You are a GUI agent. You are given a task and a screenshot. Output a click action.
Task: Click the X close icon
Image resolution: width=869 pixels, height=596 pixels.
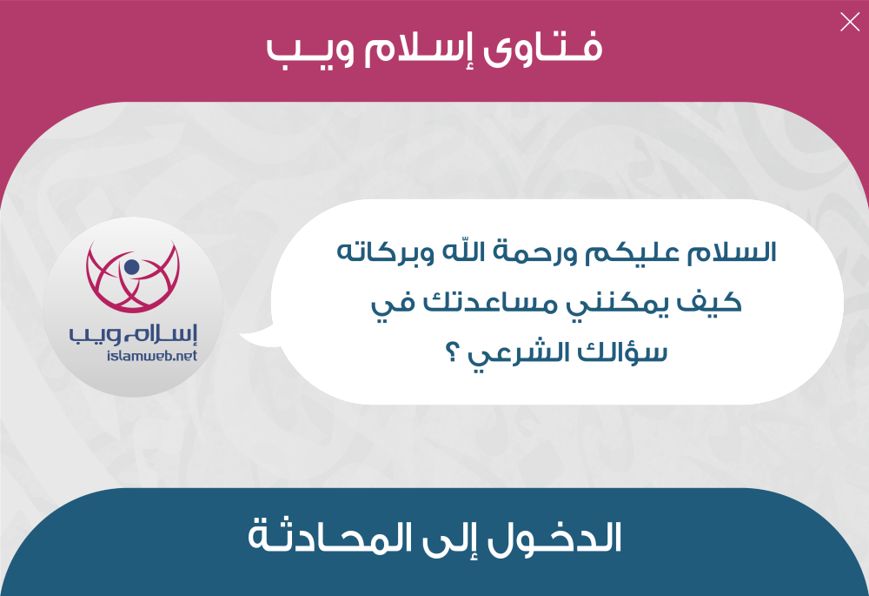(850, 23)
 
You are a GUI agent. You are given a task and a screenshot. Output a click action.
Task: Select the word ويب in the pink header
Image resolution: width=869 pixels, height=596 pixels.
(310, 52)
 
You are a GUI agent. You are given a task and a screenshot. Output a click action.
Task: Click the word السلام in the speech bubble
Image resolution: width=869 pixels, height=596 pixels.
(732, 252)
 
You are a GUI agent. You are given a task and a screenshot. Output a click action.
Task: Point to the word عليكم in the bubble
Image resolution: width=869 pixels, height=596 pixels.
(632, 253)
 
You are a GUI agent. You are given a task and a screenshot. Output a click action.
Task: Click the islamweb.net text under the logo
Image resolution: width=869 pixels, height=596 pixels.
(152, 355)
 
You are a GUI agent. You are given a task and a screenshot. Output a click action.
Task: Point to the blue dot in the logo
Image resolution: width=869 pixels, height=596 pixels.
(132, 267)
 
